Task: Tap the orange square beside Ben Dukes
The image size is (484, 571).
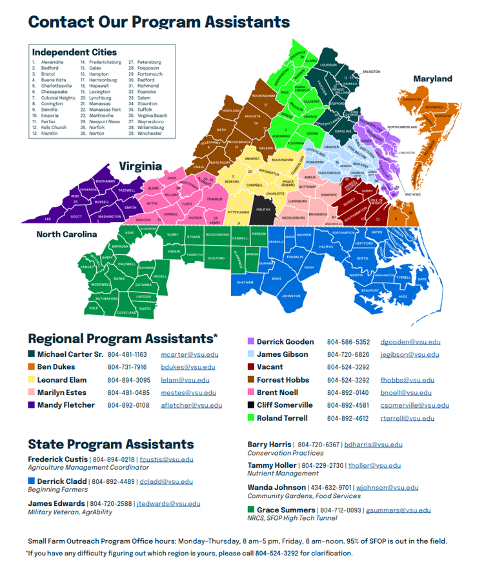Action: click(x=32, y=367)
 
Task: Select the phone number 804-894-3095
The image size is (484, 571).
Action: click(x=128, y=380)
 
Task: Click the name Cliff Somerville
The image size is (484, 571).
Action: click(x=284, y=405)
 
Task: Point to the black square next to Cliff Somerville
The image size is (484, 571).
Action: click(x=250, y=405)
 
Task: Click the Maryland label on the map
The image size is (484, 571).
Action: click(x=432, y=79)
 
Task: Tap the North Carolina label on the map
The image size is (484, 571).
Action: click(x=66, y=234)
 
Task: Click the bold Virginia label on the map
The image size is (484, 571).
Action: click(x=139, y=165)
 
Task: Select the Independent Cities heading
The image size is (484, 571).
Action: click(x=74, y=52)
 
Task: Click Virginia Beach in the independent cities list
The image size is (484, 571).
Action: click(x=152, y=115)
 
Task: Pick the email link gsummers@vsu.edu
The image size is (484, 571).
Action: click(x=398, y=510)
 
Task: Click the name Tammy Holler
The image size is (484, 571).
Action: click(x=272, y=465)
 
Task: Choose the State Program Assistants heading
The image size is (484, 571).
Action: click(x=110, y=444)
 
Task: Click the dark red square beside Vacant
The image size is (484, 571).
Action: click(x=250, y=367)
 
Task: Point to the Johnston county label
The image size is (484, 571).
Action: click(x=291, y=296)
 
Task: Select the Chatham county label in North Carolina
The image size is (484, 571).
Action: click(x=245, y=283)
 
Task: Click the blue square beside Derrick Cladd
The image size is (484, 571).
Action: click(x=31, y=481)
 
